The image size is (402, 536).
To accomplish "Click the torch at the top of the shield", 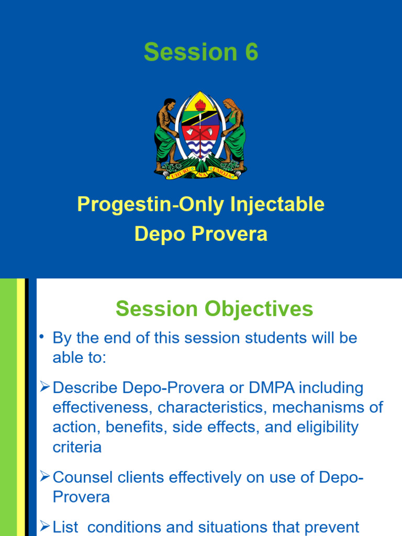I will coord(200,104).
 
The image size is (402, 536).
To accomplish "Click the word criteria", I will coord(77,446).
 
